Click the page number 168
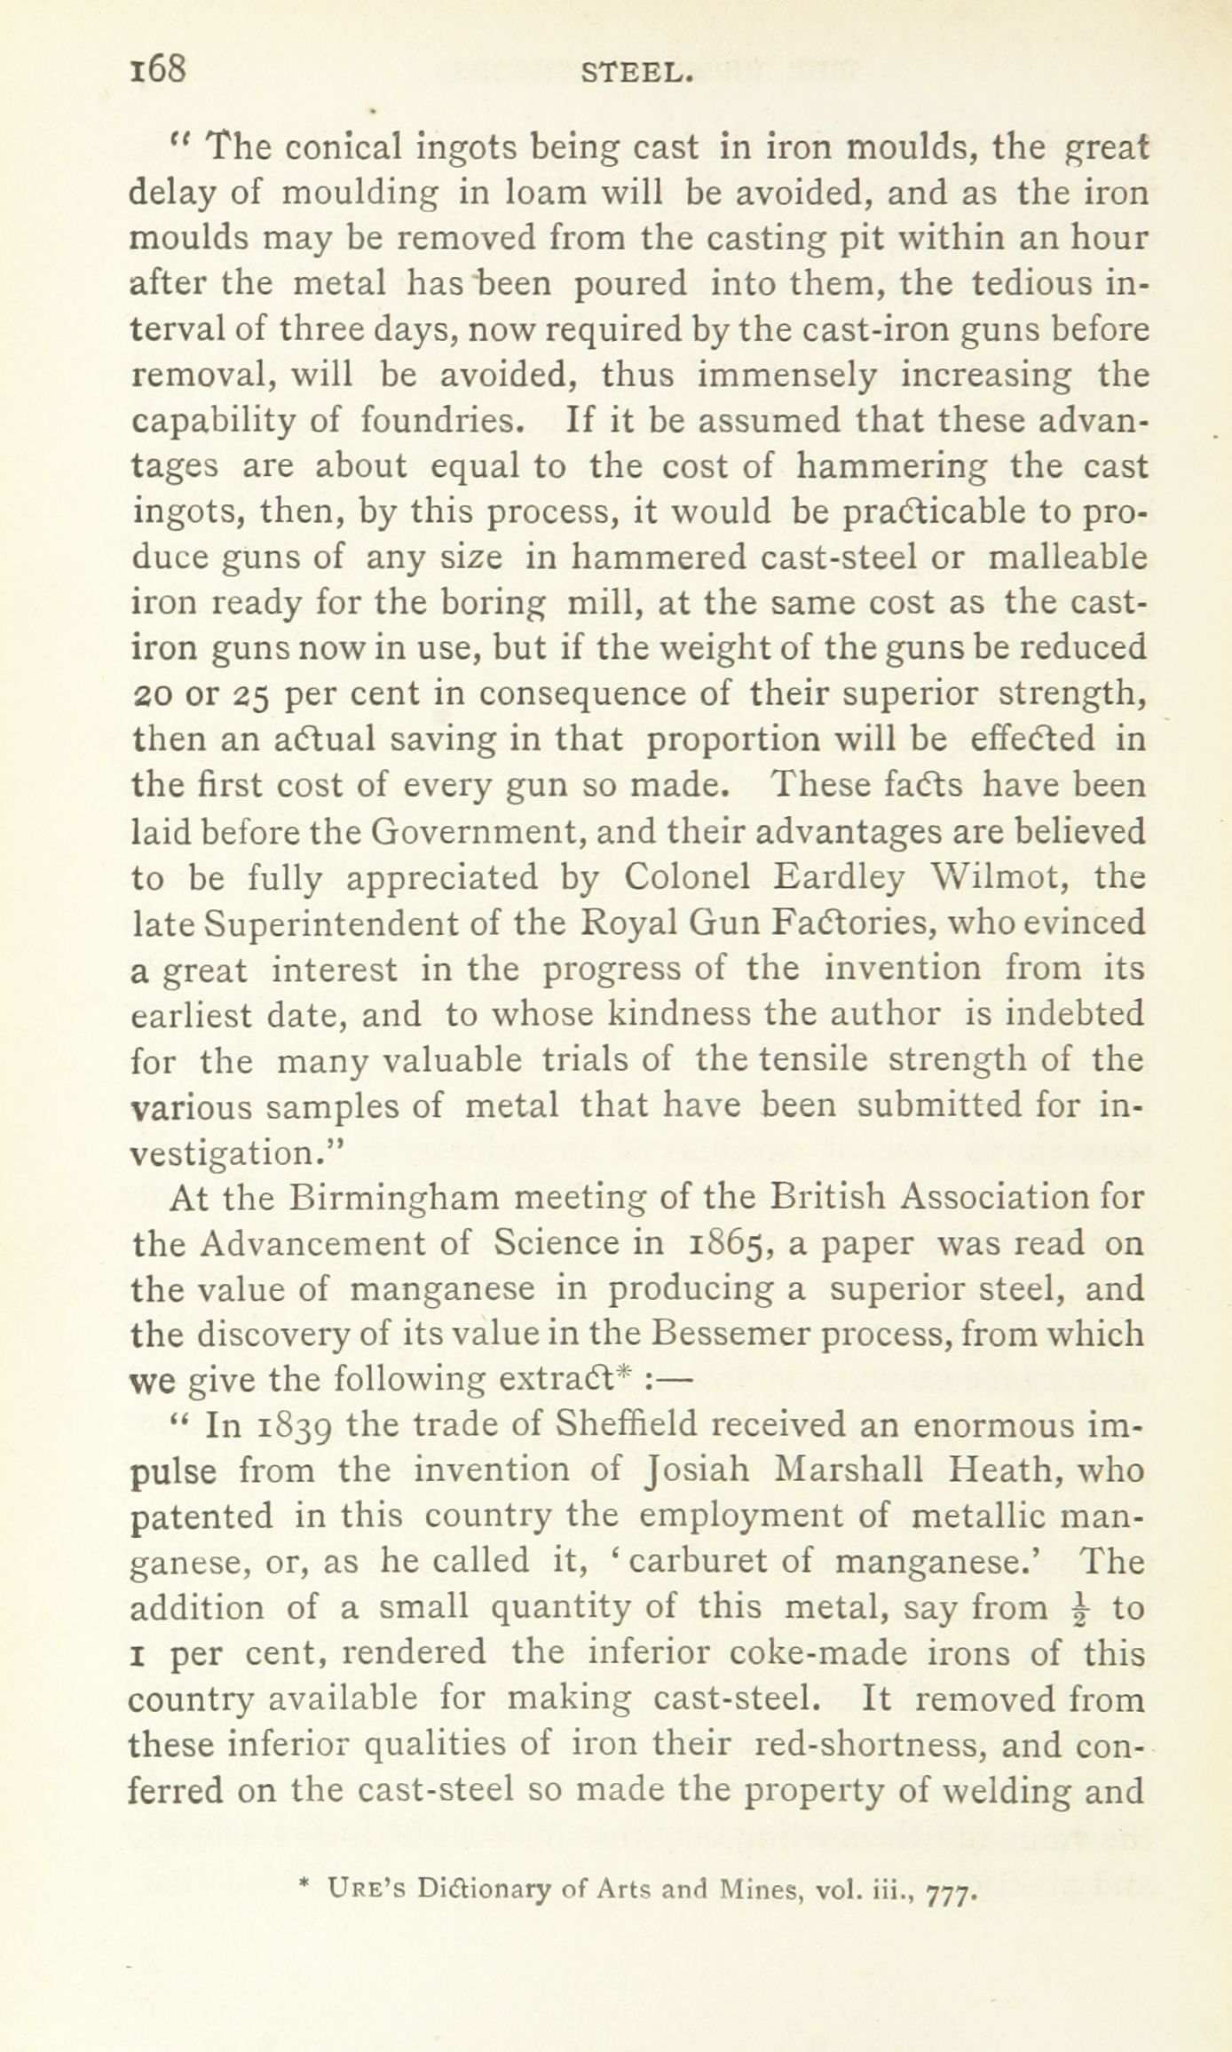point(156,67)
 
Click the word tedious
point(1035,283)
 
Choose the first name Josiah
point(702,1473)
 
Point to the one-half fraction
point(1078,1609)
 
